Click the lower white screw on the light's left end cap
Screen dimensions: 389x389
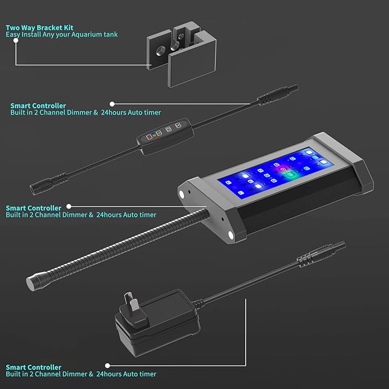(231, 235)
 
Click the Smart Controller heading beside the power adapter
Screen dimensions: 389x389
(33, 367)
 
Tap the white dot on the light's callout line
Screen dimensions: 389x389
(68, 207)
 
